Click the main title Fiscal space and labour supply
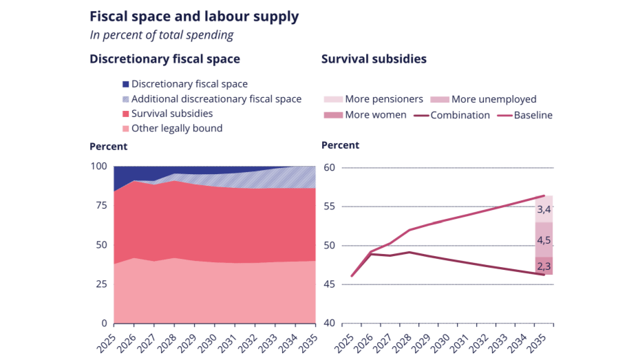194,17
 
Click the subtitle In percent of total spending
162,35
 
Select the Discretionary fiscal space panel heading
164,59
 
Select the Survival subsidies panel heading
374,59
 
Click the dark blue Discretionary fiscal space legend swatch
125,84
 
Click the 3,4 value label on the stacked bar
544,209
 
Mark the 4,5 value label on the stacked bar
544,240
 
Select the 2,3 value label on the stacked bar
544,266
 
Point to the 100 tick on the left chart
99,167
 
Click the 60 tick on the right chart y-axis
328,168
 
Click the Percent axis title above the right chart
340,146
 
